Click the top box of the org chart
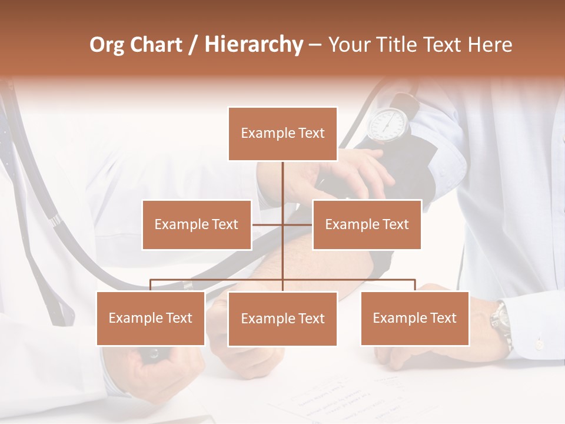(282, 134)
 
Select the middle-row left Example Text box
(197, 224)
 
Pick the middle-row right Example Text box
(367, 224)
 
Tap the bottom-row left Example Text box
(151, 318)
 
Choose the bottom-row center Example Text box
(282, 319)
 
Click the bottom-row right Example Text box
(415, 318)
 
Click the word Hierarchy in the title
(254, 44)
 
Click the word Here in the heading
(490, 44)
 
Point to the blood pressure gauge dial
(388, 124)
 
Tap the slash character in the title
(192, 45)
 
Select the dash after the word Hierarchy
(315, 45)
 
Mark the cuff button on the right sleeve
(539, 342)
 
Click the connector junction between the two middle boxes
(282, 224)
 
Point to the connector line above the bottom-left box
(151, 285)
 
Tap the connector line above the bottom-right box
(415, 285)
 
